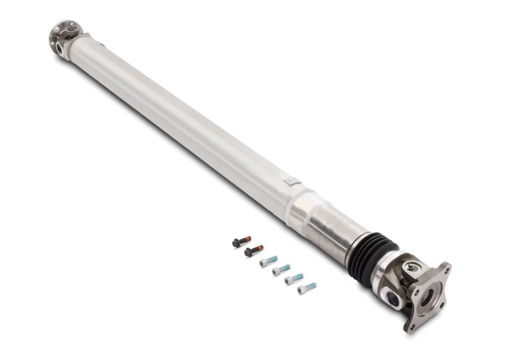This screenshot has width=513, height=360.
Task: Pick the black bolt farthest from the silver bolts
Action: [x=240, y=243]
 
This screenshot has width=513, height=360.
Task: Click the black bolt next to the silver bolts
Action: [x=253, y=252]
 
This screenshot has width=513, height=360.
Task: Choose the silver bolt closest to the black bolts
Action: [x=268, y=261]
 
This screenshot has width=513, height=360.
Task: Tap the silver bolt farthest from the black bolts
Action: [x=307, y=288]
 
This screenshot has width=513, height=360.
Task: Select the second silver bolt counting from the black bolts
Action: [x=282, y=270]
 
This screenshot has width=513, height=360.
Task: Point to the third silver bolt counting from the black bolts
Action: [x=294, y=279]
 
